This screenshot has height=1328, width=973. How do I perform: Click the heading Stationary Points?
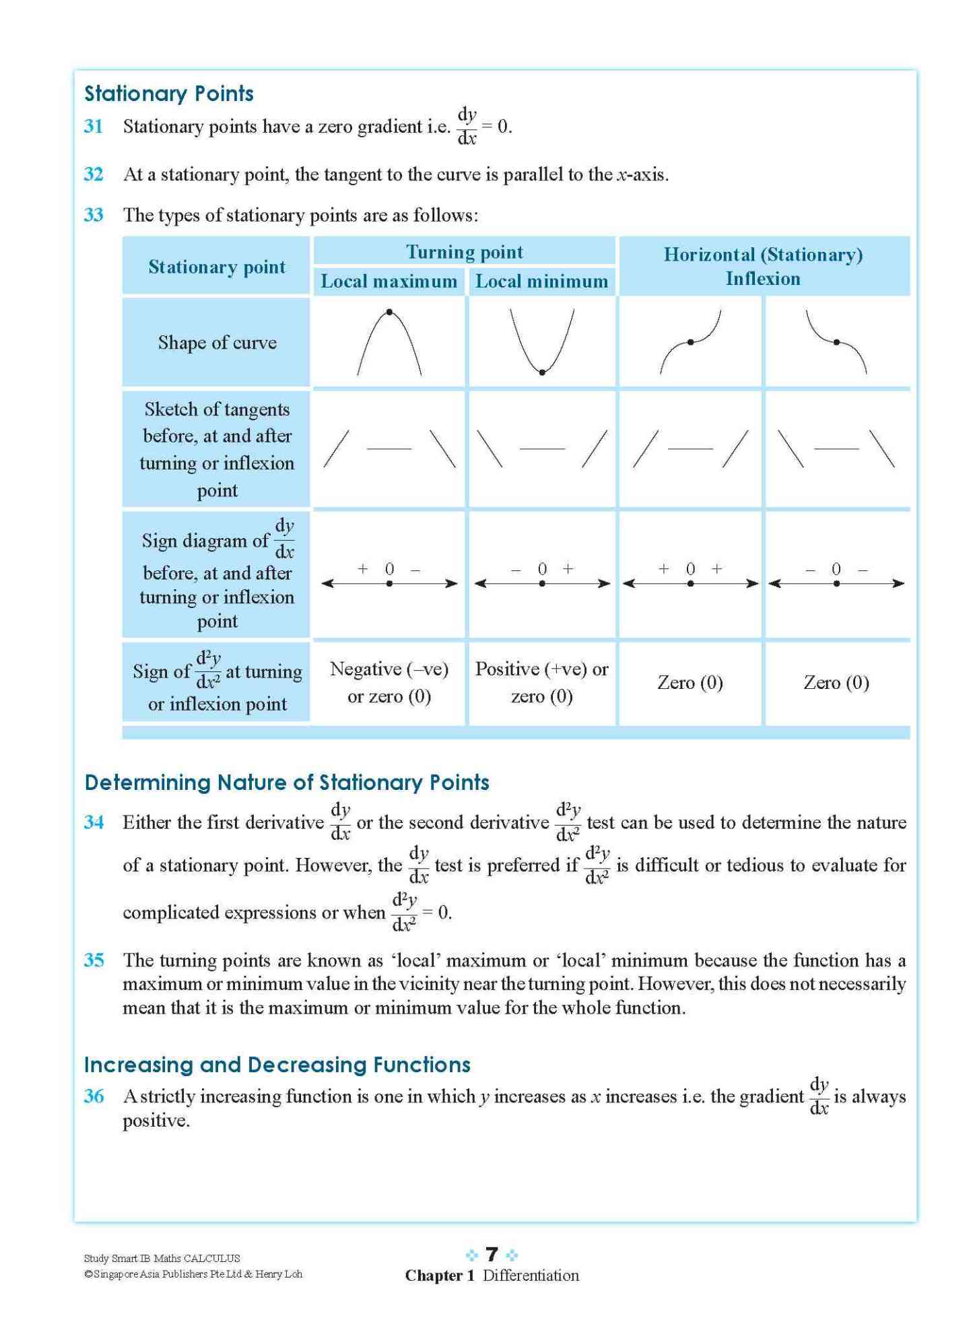click(168, 93)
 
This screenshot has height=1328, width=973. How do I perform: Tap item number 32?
click(94, 174)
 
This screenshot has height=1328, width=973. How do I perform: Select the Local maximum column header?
click(389, 281)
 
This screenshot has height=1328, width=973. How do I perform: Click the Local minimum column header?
click(541, 281)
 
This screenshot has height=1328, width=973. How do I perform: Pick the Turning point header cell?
click(464, 252)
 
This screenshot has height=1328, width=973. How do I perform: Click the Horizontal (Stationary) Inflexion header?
click(763, 266)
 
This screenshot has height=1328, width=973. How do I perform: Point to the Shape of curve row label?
click(217, 342)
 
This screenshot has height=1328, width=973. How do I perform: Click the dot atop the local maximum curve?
click(389, 312)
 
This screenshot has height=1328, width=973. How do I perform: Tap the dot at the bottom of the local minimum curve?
click(542, 372)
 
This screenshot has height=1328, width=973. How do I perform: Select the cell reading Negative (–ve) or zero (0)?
click(389, 682)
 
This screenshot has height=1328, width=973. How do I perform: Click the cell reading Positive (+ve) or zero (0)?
click(541, 682)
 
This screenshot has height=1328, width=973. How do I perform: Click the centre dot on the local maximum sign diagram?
click(389, 583)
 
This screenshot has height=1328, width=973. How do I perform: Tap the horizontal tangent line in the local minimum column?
click(542, 448)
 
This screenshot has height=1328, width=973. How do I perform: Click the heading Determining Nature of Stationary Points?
click(287, 782)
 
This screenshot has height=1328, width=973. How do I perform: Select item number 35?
click(94, 960)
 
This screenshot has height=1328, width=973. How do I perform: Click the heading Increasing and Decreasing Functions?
click(277, 1064)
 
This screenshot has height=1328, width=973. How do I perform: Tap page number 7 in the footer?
click(492, 1254)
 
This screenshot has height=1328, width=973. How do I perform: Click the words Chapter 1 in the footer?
click(440, 1275)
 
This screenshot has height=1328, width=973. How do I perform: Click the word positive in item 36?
click(156, 1121)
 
